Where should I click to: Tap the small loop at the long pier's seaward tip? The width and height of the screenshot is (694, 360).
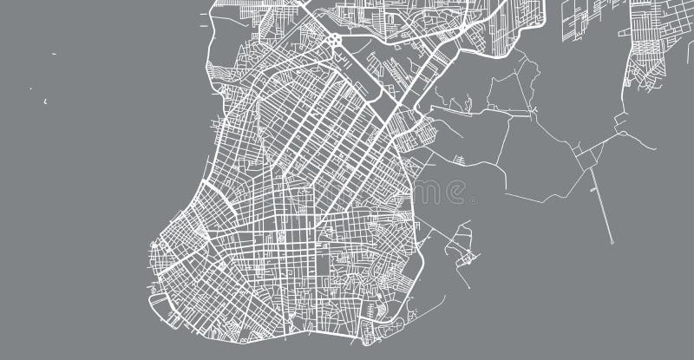612,242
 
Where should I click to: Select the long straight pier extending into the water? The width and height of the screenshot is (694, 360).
600,203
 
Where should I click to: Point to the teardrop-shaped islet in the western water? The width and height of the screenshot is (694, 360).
45,101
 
